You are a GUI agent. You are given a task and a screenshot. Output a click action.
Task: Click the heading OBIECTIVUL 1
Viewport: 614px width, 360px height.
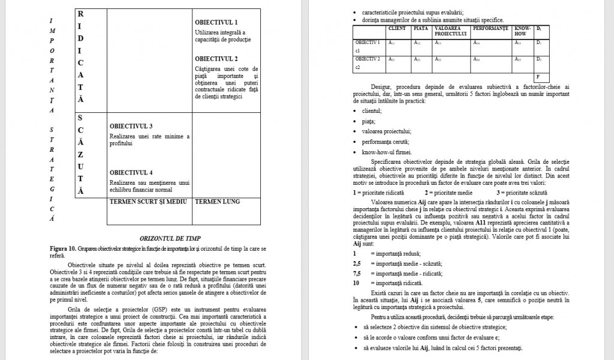[216, 22]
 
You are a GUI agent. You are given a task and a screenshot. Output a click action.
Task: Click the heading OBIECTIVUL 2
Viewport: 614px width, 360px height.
[216, 59]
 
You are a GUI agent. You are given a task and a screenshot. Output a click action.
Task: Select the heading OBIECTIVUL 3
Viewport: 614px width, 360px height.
[131, 126]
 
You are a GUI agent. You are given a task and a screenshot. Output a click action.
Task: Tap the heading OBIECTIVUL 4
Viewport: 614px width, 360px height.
[131, 173]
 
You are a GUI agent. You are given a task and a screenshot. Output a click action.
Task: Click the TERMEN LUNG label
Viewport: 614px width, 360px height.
[218, 202]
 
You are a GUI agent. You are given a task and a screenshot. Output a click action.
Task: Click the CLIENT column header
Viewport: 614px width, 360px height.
[397, 28]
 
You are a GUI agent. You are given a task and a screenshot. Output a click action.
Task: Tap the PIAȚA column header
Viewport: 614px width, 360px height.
[421, 28]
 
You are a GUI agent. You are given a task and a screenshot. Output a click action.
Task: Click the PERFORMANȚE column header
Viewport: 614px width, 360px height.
[490, 28]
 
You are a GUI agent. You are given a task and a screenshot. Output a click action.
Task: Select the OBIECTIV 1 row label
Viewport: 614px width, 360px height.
[368, 43]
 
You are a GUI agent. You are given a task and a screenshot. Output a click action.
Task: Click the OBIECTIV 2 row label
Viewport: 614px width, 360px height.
[368, 59]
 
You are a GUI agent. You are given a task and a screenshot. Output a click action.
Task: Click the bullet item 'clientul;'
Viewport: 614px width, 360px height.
[372, 111]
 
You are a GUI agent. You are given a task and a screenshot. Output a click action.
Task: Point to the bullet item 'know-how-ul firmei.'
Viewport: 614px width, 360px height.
[387, 152]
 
